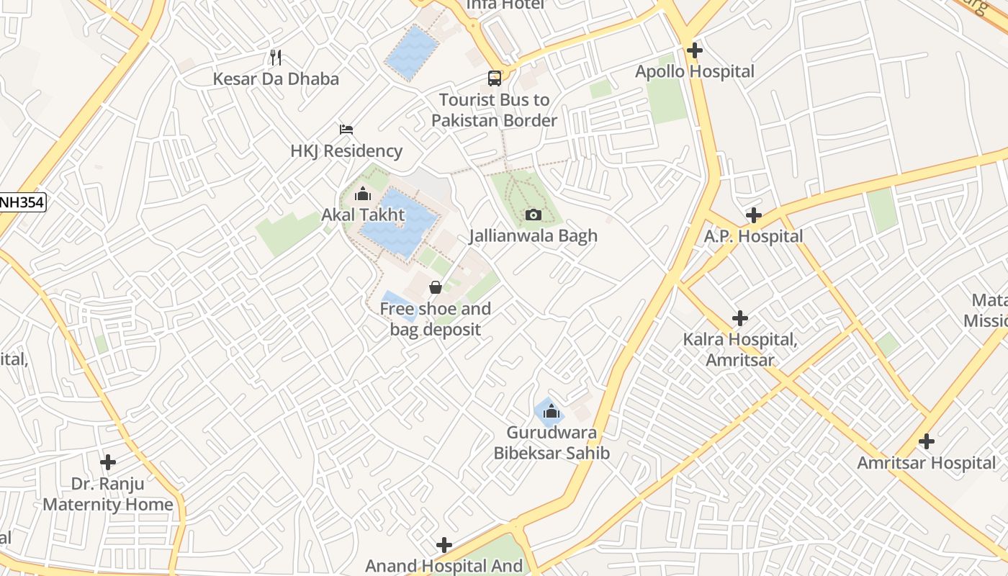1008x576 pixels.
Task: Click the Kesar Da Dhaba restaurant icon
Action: (275, 57)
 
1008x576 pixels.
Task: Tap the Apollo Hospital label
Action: (694, 72)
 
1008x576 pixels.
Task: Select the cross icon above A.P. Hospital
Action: (753, 215)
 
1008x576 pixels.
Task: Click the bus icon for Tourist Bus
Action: (495, 78)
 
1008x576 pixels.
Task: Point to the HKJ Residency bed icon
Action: (346, 130)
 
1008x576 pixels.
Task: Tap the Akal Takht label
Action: (363, 215)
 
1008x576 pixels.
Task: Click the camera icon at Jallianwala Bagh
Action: (534, 215)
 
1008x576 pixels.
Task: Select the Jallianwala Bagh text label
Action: (534, 236)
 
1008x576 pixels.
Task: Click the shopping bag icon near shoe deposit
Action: (436, 287)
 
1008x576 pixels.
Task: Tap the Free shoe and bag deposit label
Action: (436, 319)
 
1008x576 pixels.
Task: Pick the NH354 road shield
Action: (22, 202)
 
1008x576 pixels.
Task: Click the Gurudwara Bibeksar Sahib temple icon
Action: (552, 411)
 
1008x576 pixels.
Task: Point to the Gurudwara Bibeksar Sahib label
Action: (552, 443)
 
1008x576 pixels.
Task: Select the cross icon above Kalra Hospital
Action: (739, 318)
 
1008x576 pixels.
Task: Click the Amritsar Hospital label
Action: (926, 463)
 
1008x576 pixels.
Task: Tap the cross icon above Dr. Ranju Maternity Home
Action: (108, 462)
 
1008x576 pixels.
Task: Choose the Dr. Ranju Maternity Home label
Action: (108, 494)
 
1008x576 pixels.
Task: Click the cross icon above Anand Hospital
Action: (444, 544)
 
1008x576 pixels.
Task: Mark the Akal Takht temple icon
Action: (363, 194)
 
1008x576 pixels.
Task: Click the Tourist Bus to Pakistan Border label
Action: (494, 110)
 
